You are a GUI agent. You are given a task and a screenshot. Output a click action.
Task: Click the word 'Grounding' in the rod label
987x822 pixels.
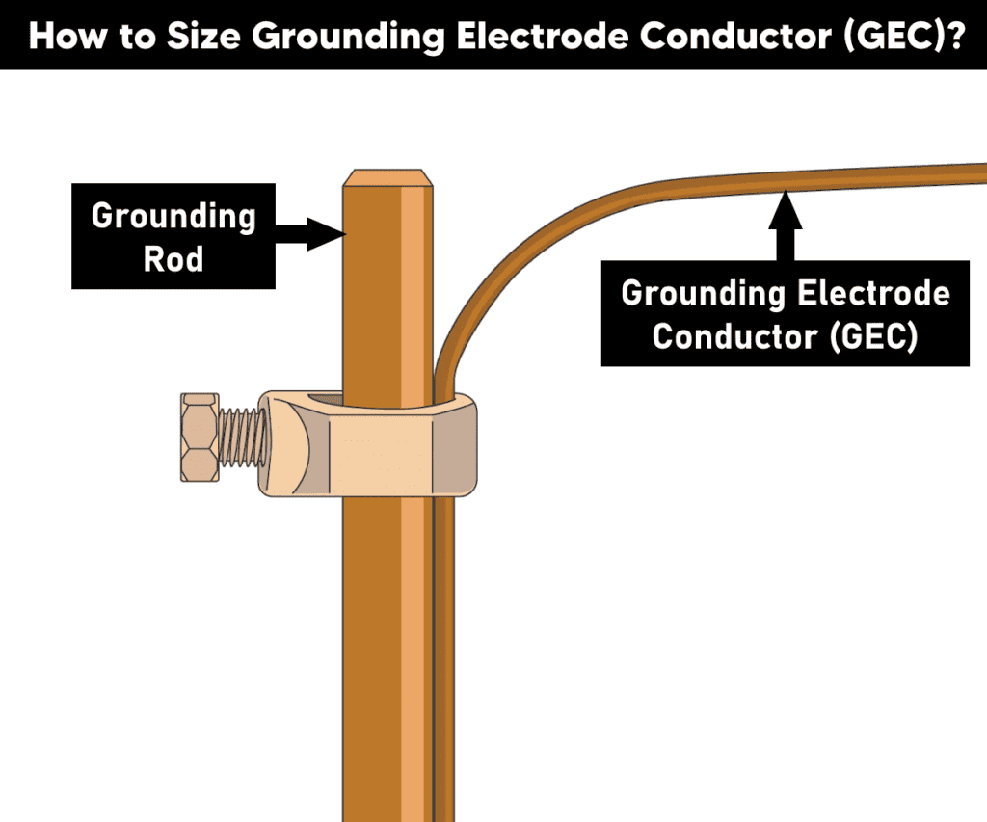[173, 217]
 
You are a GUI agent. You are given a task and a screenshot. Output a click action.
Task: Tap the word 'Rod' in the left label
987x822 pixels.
[173, 259]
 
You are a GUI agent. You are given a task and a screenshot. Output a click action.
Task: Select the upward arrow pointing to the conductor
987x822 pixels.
[786, 225]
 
